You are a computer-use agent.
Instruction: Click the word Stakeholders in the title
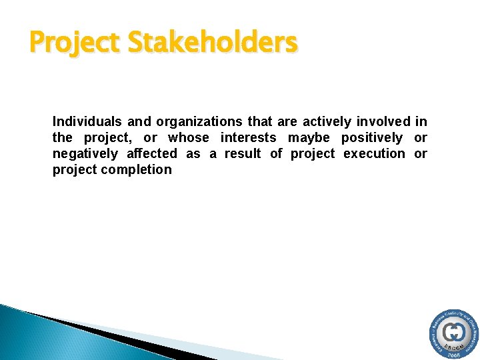tap(212, 43)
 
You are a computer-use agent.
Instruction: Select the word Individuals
tap(87, 121)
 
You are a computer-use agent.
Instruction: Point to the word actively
tap(327, 121)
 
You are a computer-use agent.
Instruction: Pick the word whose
tap(188, 137)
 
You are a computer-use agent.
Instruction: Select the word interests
tap(248, 137)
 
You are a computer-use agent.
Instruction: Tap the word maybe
tap(309, 137)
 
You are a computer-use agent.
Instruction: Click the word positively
tap(372, 137)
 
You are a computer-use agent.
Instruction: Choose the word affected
tap(152, 153)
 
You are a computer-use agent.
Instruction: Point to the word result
tap(243, 153)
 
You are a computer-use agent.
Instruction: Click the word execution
tap(374, 153)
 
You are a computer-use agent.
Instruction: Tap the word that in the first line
tap(259, 121)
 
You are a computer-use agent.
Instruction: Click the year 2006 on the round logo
tap(454, 355)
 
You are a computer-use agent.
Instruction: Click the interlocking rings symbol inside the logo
tap(455, 331)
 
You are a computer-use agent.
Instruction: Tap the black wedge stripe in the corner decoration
tap(100, 333)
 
